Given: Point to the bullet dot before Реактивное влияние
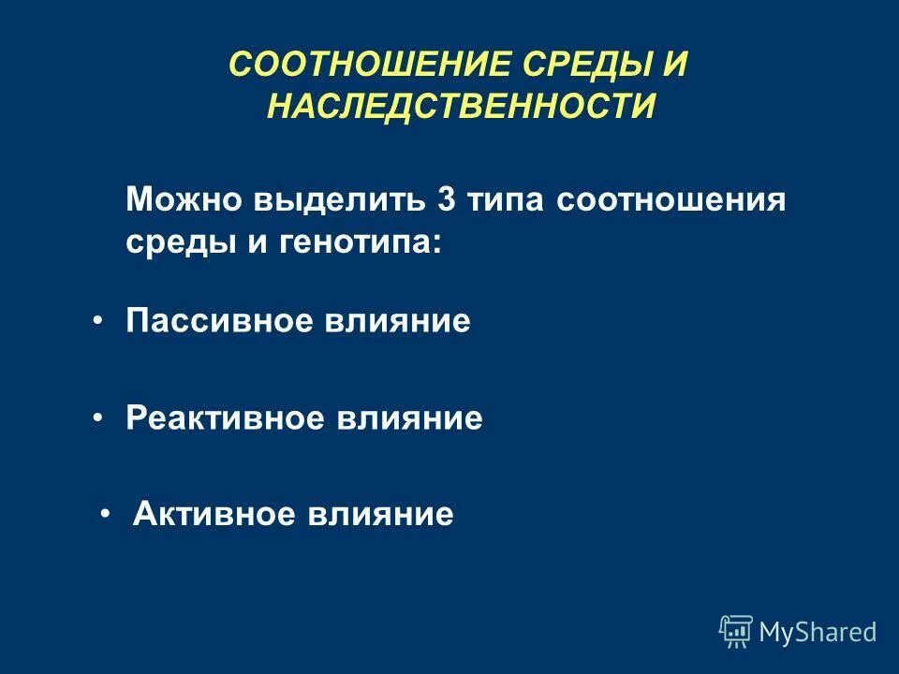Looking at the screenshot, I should click(98, 418).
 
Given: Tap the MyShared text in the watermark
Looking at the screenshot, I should click(818, 632).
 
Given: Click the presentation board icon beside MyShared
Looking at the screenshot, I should click(735, 632).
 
